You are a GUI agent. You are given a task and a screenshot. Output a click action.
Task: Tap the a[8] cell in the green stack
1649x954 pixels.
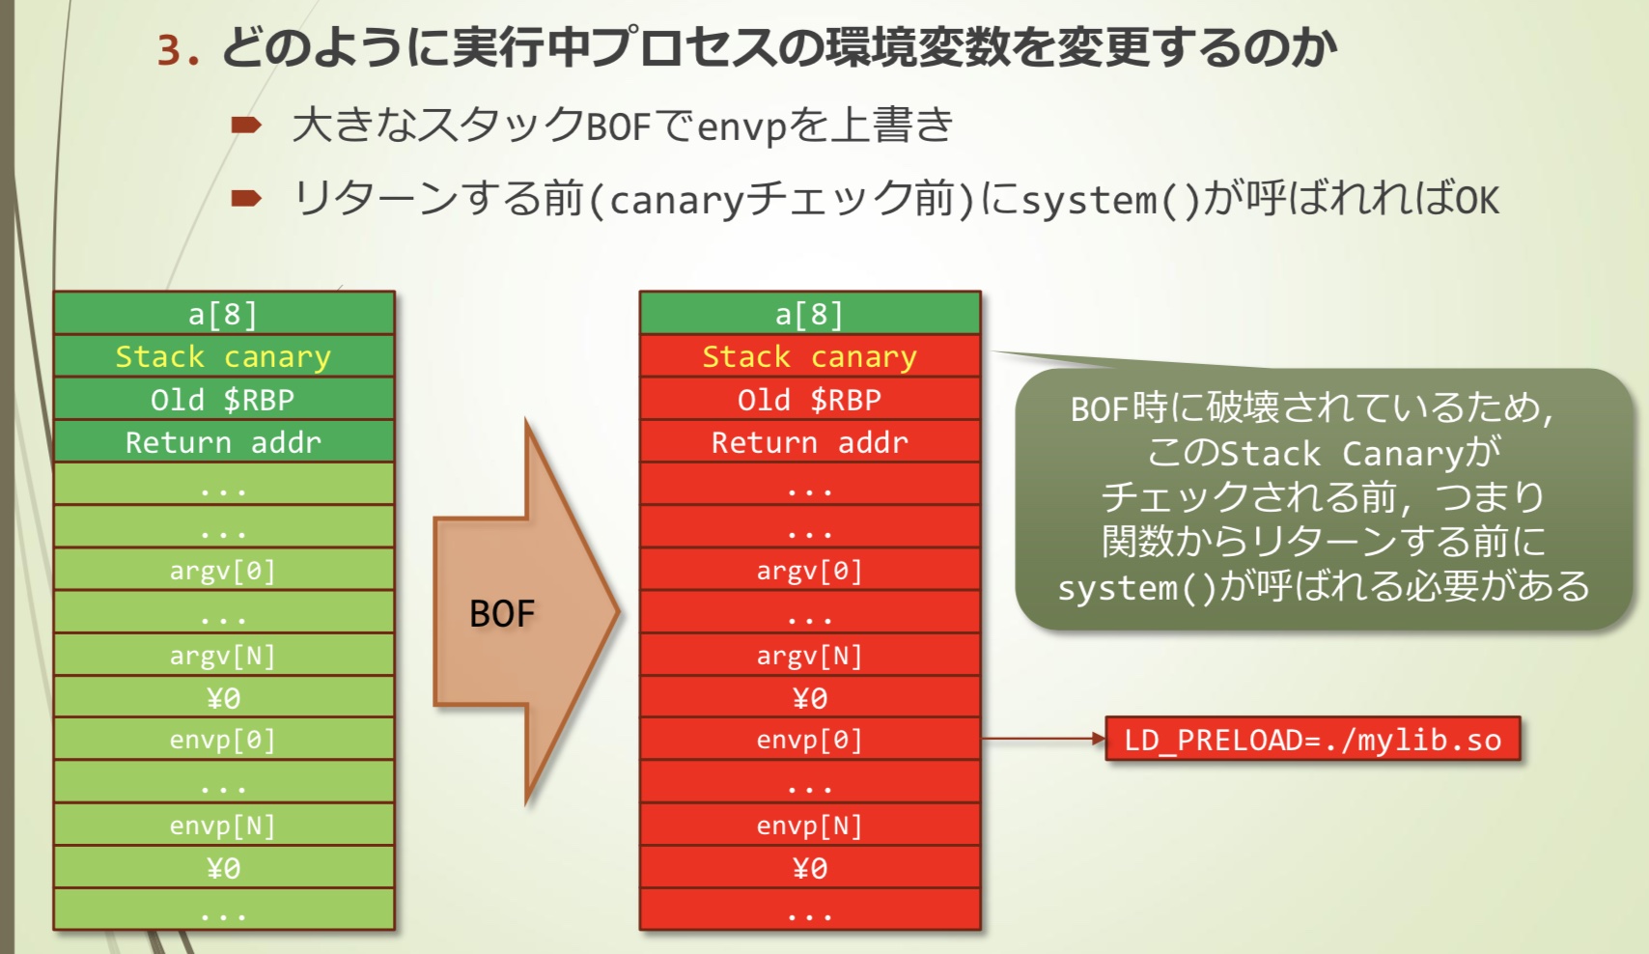pyautogui.click(x=223, y=314)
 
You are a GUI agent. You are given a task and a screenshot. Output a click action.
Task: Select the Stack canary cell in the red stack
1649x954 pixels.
pyautogui.click(x=809, y=356)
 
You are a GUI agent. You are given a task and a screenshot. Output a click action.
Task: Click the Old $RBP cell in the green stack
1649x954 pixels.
pyautogui.click(x=223, y=399)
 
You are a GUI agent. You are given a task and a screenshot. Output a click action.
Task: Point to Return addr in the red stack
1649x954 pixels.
pyautogui.click(x=809, y=442)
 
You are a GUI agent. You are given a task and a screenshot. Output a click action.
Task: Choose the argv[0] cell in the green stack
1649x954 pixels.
pyautogui.click(x=223, y=570)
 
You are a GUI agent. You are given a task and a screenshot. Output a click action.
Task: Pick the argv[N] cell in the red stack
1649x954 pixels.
pyautogui.click(x=809, y=656)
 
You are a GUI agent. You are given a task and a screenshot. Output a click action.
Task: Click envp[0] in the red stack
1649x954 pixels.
pyautogui.click(x=809, y=740)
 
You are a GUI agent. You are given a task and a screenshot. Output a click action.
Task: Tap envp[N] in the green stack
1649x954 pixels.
pyautogui.click(x=223, y=826)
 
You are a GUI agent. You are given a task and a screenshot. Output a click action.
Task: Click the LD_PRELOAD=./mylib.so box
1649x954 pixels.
pyautogui.click(x=1312, y=740)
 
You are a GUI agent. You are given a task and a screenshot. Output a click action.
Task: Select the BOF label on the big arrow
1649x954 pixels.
pyautogui.click(x=501, y=614)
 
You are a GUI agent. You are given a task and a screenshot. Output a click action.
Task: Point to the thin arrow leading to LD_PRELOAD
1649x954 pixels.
pyautogui.click(x=1043, y=739)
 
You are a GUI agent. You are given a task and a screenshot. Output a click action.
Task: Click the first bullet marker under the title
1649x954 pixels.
pyautogui.click(x=246, y=125)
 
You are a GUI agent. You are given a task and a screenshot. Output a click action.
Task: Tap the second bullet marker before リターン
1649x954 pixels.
pyautogui.click(x=246, y=199)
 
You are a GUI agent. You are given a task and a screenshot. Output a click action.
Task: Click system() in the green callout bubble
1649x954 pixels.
pyautogui.click(x=1136, y=587)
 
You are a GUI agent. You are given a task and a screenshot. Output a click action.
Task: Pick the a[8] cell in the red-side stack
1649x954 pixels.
pyautogui.click(x=809, y=314)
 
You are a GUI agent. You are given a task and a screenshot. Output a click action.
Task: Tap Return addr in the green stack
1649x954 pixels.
pyautogui.click(x=223, y=442)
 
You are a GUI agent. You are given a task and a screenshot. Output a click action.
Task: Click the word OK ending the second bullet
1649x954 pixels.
pyautogui.click(x=1477, y=201)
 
